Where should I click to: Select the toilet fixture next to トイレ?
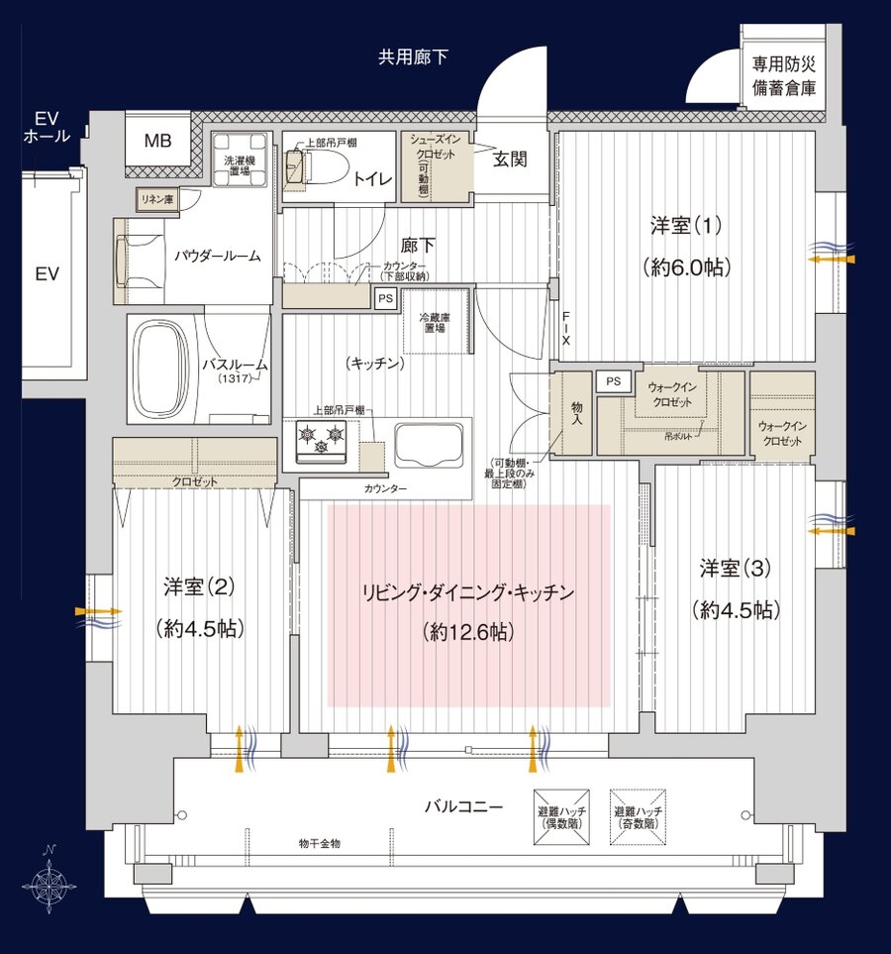tap(316, 167)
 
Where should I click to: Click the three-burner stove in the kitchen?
tap(320, 437)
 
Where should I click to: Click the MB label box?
tap(157, 141)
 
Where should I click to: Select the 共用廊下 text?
tap(413, 57)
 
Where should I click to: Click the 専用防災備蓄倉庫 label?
tap(783, 76)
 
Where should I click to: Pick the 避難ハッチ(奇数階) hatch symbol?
tap(637, 817)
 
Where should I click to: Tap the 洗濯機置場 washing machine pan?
tap(241, 158)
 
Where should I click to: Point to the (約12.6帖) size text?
tap(467, 632)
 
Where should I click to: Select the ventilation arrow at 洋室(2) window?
tap(99, 611)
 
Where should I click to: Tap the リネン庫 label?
tap(156, 200)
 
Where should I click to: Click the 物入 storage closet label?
tap(576, 414)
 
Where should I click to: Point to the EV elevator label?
tap(47, 274)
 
